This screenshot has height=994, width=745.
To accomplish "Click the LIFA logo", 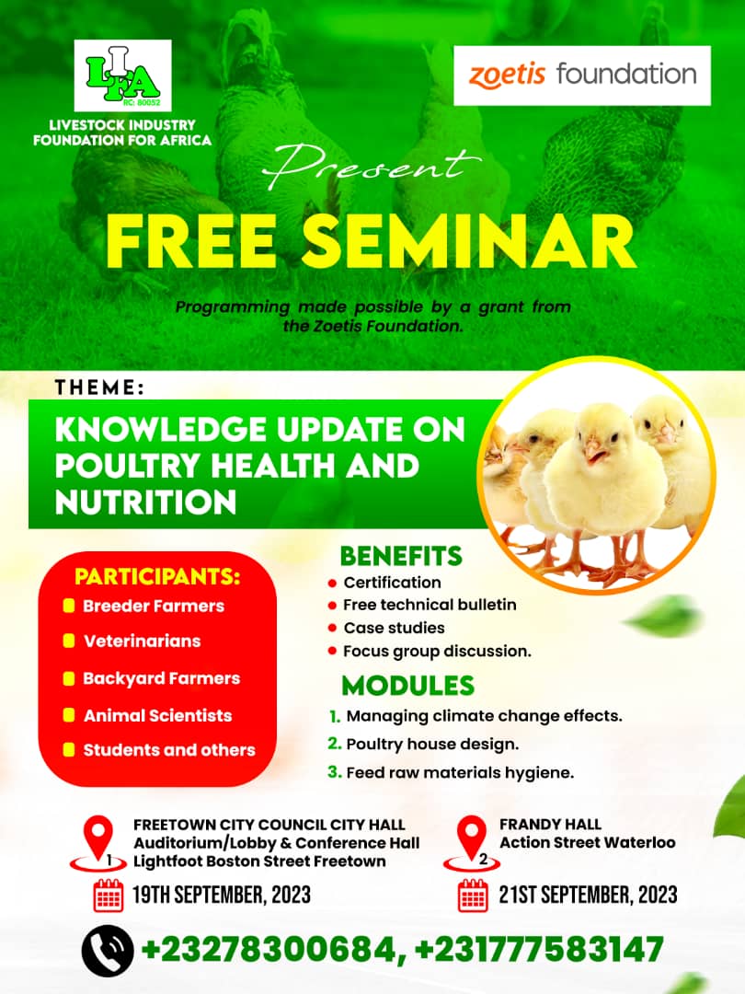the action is point(123,75).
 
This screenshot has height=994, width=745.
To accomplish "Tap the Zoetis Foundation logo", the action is point(582,75).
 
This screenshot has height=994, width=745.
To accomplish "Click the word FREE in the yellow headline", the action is point(190,241).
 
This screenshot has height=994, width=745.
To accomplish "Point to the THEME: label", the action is point(99,387).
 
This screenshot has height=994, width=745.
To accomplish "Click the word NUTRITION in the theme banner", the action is point(145,503).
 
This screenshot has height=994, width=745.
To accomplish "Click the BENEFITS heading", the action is point(402,556).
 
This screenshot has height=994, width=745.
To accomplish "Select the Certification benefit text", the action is point(392,583).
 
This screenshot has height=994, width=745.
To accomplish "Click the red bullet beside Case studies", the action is point(332,629).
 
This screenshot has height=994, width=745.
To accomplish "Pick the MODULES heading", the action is point(408,686).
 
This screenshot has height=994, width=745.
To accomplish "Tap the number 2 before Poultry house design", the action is point(335,743).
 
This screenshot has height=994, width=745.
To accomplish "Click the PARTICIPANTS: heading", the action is point(158,577).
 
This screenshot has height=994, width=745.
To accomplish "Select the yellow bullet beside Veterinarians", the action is point(69,641).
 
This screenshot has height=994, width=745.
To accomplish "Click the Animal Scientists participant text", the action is point(158,716).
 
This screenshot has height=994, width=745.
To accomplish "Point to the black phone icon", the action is point(108,950).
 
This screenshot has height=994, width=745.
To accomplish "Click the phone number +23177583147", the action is point(539,950).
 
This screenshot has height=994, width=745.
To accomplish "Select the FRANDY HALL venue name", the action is point(550,824).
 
